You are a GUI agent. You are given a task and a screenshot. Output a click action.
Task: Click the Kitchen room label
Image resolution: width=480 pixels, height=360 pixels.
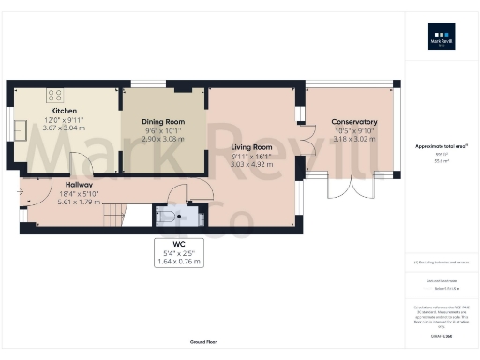click(x=63, y=110)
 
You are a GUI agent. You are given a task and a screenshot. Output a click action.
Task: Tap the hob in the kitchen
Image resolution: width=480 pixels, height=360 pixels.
click(x=54, y=94)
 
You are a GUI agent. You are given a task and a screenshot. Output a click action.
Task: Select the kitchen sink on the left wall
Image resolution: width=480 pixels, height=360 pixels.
click(x=18, y=128)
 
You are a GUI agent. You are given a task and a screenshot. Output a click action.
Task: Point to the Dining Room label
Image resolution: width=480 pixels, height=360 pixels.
click(x=163, y=122)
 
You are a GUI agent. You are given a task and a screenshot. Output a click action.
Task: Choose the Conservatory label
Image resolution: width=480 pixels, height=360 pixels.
click(x=353, y=122)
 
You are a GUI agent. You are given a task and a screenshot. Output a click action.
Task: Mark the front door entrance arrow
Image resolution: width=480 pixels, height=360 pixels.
click(x=20, y=192)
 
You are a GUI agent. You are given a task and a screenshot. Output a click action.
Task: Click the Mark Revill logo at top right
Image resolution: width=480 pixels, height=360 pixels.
click(x=442, y=43)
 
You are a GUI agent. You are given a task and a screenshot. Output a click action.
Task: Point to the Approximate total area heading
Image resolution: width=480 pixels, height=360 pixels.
click(x=441, y=146)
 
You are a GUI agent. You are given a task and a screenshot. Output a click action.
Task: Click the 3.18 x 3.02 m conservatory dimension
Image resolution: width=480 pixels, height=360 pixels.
click(x=353, y=139)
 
